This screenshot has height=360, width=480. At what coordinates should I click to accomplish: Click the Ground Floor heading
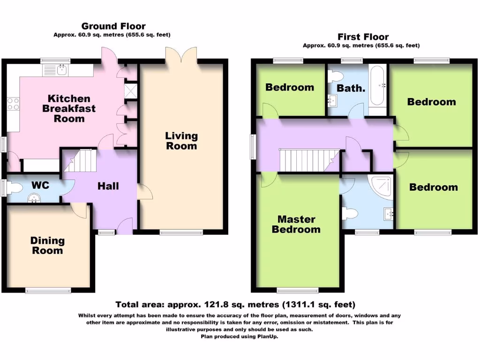113,26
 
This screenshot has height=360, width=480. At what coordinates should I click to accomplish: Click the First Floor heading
363,37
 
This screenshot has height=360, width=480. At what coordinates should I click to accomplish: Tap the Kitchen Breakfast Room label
69,108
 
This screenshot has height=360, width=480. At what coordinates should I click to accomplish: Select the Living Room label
181,141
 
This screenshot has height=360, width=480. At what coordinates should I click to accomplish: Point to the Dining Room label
47,246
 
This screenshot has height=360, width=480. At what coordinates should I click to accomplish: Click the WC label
40,185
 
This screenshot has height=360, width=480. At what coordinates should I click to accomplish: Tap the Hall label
108,186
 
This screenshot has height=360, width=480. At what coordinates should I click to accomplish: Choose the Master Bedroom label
296,224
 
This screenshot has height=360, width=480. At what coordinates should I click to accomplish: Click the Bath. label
351,88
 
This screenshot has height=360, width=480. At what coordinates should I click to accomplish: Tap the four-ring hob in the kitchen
13,104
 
